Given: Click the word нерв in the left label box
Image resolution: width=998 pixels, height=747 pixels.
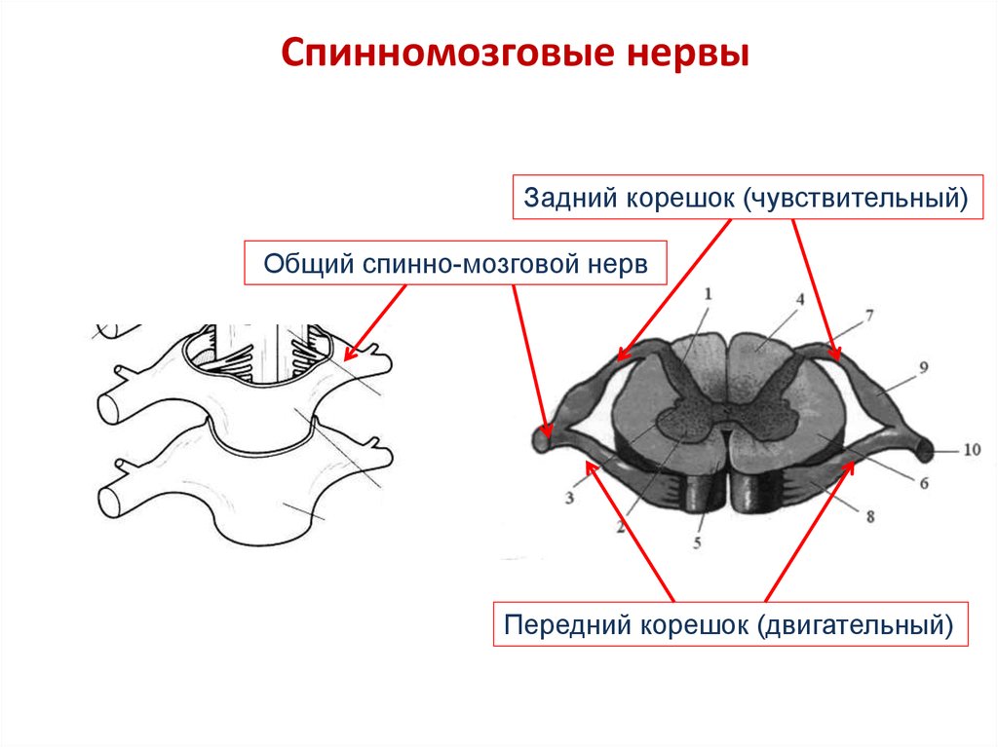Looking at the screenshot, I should (620, 264).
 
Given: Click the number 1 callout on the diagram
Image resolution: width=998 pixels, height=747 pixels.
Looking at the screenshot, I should (709, 292).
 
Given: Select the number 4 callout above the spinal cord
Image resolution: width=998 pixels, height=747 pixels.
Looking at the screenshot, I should (799, 300).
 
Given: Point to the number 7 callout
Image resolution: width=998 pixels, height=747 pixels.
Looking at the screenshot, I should (869, 316).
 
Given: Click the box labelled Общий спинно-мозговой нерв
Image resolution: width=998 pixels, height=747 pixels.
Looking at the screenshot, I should (455, 264).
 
